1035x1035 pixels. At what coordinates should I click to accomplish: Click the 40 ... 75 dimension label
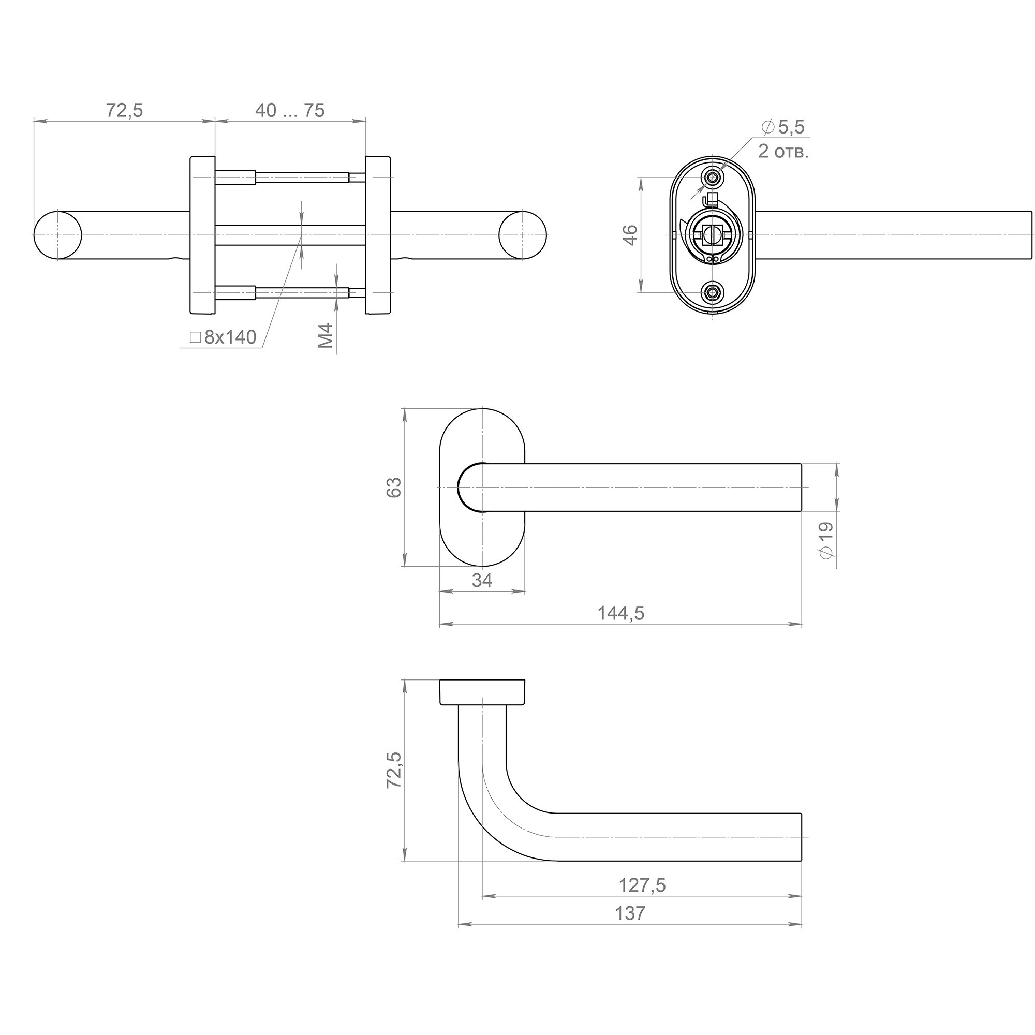290,110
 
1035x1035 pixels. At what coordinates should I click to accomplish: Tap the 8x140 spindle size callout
224,337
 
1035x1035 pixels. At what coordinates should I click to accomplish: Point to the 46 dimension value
631,235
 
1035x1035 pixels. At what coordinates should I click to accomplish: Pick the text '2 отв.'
783,152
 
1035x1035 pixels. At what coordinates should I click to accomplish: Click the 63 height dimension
394,487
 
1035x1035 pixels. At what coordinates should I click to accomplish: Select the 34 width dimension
482,580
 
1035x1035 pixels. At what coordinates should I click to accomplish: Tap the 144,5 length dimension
621,613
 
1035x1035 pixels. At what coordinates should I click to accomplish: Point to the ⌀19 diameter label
826,541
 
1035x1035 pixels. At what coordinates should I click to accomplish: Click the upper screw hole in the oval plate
713,177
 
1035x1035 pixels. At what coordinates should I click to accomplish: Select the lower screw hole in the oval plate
713,292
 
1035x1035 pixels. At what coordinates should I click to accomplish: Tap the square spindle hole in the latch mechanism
712,233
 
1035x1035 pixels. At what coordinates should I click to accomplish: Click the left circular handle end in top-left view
58,235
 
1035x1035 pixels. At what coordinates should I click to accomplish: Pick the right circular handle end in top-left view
523,235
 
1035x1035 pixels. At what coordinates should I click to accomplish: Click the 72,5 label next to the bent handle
394,770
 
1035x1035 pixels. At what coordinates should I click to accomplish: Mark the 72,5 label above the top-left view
124,110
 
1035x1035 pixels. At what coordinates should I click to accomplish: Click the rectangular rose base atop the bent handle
482,693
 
